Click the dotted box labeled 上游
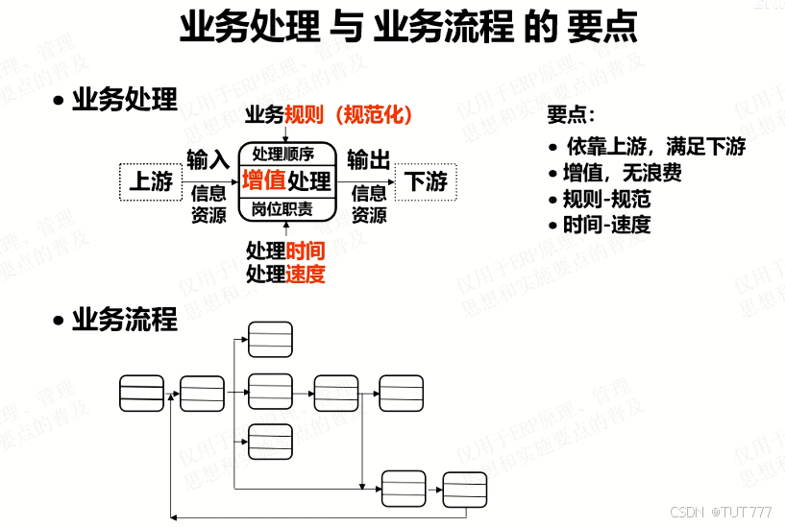pos(151,181)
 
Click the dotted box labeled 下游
pos(425,181)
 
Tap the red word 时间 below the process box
pos(306,252)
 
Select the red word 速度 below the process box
pos(306,275)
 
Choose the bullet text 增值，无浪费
pos(624,174)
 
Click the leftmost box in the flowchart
pos(141,393)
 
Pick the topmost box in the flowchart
pos(270,338)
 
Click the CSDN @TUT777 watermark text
pos(721,512)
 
